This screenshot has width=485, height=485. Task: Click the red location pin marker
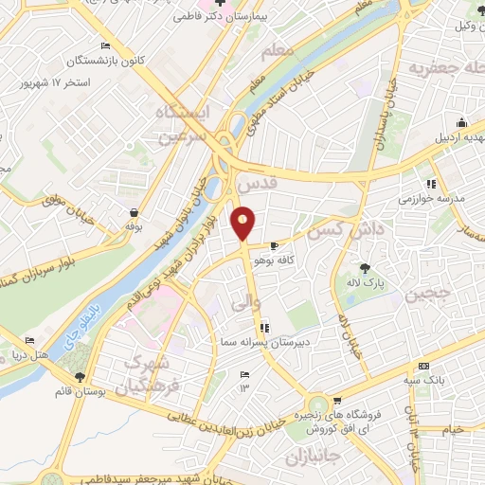point(243,224)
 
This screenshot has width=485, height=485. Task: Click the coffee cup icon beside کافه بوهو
point(275,244)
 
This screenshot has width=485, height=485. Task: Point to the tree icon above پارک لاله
point(364,266)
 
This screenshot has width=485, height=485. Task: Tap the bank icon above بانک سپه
point(423,366)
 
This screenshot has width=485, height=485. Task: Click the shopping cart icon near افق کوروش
point(337,402)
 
